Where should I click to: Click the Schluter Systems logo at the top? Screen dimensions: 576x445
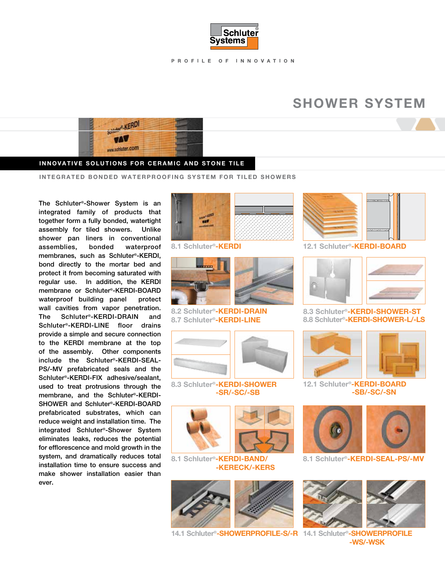pos(234,36)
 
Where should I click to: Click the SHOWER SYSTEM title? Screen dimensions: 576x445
pos(359,103)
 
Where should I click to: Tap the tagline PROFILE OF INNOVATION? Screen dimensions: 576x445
pos(233,61)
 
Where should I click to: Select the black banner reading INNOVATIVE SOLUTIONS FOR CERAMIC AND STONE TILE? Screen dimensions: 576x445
pos(142,163)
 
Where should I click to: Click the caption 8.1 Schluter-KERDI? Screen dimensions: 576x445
pos(206,246)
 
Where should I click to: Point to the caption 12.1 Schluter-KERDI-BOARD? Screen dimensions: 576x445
pos(354,246)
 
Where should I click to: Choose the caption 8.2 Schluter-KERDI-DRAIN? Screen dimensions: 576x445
pos(219,311)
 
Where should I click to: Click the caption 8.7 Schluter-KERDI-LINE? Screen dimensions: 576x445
pos(216,320)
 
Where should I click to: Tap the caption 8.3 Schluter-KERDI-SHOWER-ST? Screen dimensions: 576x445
pos(362,311)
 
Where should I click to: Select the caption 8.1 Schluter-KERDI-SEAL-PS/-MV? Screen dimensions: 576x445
pos(363,459)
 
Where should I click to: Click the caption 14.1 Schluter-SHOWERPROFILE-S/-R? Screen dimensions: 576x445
pos(234,533)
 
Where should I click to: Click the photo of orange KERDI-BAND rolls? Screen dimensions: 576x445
pos(201,429)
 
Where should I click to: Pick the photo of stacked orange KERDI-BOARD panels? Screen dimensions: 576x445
pos(332,216)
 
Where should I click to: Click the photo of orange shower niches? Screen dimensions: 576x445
pos(396,354)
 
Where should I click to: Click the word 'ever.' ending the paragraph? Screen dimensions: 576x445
pos(46,483)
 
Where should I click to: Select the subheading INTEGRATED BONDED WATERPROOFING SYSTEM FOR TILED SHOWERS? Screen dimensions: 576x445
pos(168,177)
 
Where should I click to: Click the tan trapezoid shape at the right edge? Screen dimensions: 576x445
pos(425,125)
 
